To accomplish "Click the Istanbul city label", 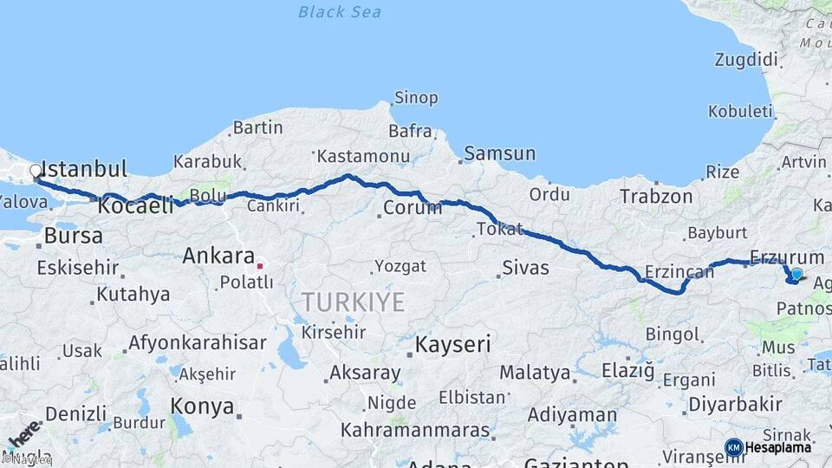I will point(84,168).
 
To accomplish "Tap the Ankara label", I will point(218,256).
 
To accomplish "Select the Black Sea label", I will point(340,11).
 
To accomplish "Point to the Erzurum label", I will point(786,257).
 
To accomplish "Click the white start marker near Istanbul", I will point(36,171).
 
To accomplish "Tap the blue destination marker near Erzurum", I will point(796,275).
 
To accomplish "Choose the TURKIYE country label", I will point(353,302).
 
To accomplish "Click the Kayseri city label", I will point(452,344).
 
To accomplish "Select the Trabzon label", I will point(656,197).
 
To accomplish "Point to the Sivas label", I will point(526,268).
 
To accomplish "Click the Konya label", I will point(202,406).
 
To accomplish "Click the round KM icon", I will point(733,447).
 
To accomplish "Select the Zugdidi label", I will point(747,60).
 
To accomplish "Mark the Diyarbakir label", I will point(734,404).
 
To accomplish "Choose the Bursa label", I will point(73,236).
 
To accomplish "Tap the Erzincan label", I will point(679,273).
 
